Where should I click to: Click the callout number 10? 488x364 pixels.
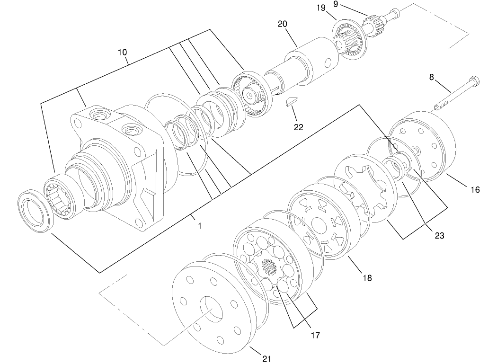[x=122, y=52]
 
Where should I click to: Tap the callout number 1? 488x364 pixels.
[x=200, y=226]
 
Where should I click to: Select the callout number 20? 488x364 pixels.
[x=283, y=24]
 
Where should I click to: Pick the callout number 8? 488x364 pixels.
[x=432, y=77]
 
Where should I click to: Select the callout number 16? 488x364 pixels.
[x=475, y=190]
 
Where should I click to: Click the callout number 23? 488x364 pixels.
[x=440, y=235]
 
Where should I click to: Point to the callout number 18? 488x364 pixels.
[x=367, y=278]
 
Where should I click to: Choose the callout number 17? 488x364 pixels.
[x=315, y=335]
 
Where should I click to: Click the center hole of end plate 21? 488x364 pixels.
[x=211, y=308]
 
